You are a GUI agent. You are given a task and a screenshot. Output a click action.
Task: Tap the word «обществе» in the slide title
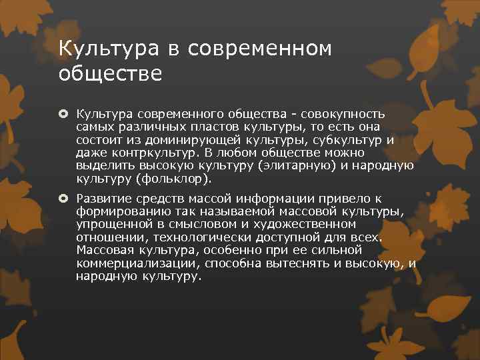click(110, 73)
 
